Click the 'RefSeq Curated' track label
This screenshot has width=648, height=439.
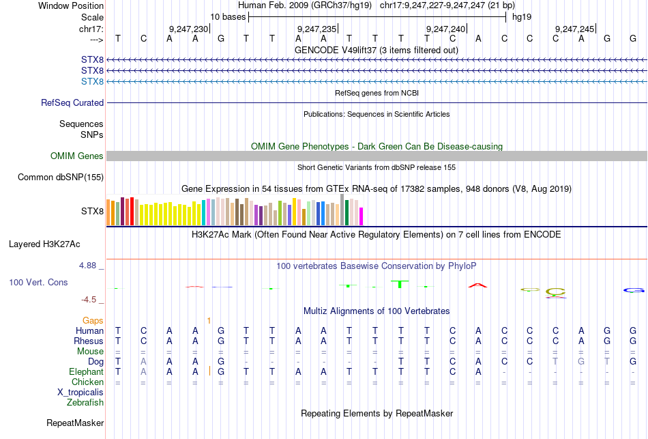[72, 103]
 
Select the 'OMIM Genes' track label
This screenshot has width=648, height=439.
[77, 156]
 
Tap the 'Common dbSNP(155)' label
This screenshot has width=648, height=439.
[61, 178]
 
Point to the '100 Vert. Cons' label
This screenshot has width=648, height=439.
[38, 282]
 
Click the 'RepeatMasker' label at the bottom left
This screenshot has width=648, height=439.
[75, 423]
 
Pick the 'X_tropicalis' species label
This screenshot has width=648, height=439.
[80, 393]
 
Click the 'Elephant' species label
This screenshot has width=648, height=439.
[86, 372]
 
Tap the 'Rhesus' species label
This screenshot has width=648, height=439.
[89, 341]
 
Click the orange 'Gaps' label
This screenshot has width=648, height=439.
[93, 320]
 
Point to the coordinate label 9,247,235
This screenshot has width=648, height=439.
[317, 29]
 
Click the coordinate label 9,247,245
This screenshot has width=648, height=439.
[575, 29]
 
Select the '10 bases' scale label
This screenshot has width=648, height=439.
[228, 16]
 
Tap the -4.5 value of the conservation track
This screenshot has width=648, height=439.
[92, 300]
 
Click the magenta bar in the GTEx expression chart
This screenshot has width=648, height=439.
[361, 216]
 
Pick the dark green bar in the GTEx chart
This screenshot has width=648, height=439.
[347, 212]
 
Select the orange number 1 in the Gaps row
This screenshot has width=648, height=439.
[209, 320]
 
